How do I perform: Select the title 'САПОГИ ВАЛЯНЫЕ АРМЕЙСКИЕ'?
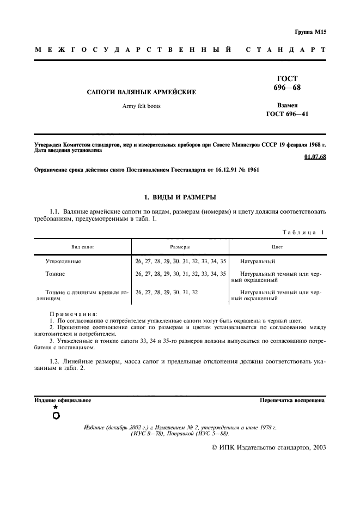(x=142, y=92)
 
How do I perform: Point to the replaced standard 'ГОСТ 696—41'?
(x=286, y=113)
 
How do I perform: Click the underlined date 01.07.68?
(x=315, y=157)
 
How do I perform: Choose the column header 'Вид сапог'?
(x=82, y=247)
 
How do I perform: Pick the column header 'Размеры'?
(x=180, y=247)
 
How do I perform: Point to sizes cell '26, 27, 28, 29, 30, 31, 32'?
(x=166, y=293)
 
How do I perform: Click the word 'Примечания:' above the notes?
(x=73, y=314)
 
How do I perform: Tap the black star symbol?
(x=56, y=407)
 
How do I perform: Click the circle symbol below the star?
(x=56, y=416)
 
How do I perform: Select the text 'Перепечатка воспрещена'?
(x=292, y=400)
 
